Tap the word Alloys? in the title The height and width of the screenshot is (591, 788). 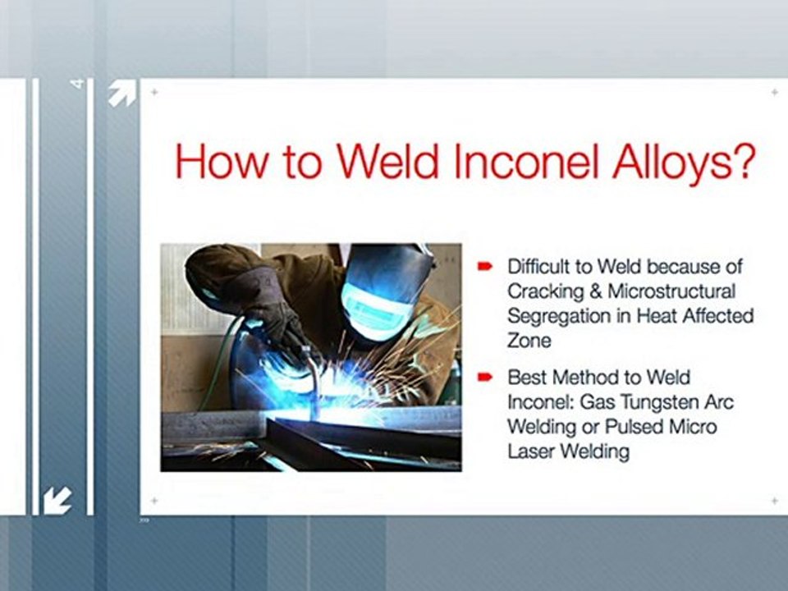(x=684, y=163)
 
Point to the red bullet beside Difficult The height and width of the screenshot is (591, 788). (x=484, y=266)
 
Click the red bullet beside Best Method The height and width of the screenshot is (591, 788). (x=484, y=377)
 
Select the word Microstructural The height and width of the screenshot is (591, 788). (x=672, y=291)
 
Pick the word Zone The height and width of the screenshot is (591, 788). (x=529, y=341)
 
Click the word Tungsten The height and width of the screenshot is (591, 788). (x=657, y=402)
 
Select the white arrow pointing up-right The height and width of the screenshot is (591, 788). (x=122, y=93)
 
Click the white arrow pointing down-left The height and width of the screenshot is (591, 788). (x=57, y=501)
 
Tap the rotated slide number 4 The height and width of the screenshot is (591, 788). (x=77, y=84)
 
